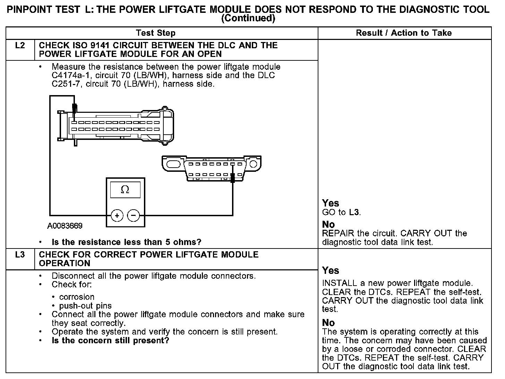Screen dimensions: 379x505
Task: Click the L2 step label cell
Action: point(20,45)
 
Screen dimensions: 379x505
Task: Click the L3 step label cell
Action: point(20,255)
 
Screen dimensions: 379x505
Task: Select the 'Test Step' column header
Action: point(155,33)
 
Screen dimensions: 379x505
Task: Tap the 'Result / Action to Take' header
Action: point(404,33)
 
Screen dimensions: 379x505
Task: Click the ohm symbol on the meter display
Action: point(125,189)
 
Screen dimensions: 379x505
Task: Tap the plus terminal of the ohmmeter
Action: point(117,216)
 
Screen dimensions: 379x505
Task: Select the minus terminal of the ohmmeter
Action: point(134,216)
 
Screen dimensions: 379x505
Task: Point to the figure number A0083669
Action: point(65,226)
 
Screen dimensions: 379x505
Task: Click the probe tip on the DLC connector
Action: point(233,178)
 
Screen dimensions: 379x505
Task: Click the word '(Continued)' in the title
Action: point(248,18)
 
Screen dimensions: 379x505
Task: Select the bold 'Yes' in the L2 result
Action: point(330,203)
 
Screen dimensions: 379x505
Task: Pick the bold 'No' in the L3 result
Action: point(328,323)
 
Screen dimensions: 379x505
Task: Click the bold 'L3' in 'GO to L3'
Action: point(354,212)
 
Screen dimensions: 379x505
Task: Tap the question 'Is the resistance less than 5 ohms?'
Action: point(126,242)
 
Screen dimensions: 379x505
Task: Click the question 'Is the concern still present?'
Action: point(110,340)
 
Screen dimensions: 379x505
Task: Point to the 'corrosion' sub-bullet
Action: point(77,297)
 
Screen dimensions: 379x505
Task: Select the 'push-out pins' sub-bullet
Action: point(85,306)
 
